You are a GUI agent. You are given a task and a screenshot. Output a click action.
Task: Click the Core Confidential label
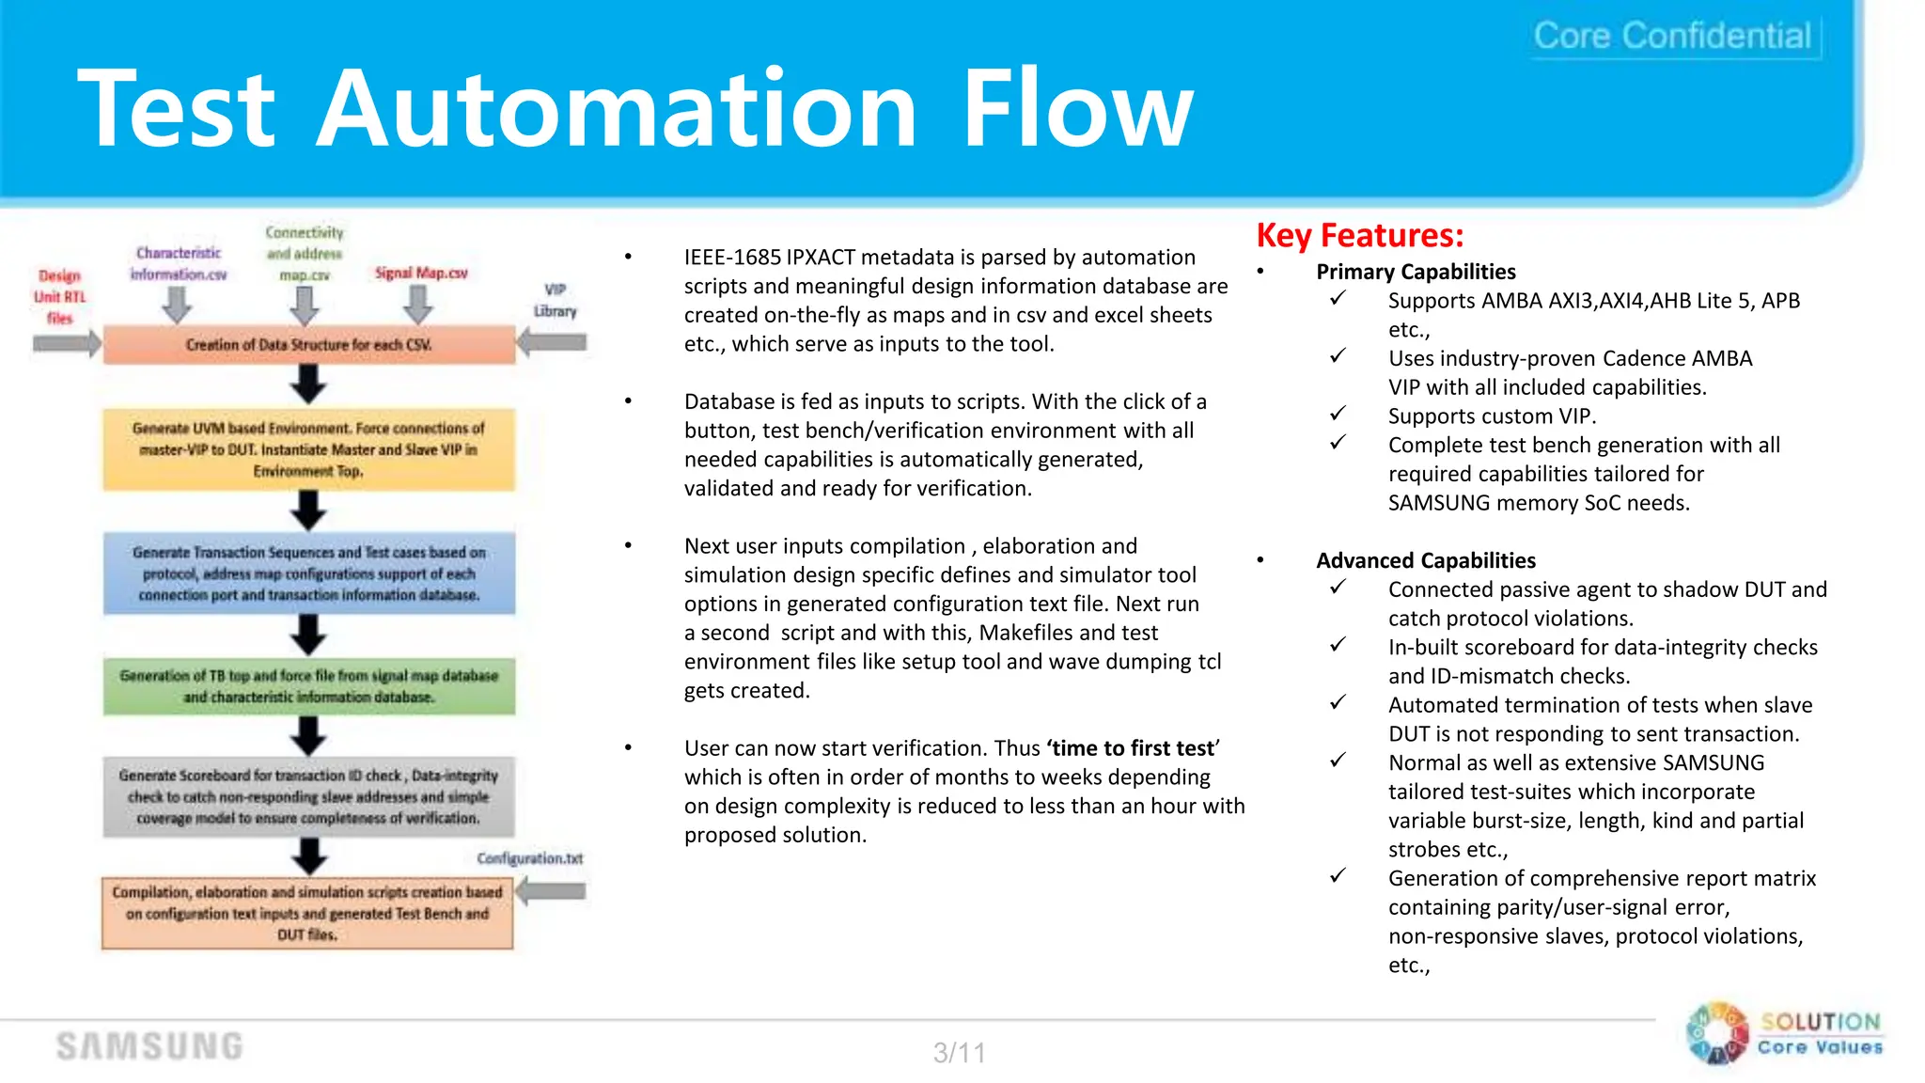click(1672, 36)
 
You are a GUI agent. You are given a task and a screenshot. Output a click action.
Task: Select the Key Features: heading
click(1359, 235)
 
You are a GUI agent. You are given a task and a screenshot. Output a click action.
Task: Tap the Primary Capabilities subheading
click(1415, 272)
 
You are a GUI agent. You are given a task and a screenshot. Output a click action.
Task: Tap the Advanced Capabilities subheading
click(1425, 560)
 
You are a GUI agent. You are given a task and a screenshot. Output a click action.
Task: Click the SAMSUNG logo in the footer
click(149, 1046)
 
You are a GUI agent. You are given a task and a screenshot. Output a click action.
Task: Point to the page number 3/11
click(959, 1052)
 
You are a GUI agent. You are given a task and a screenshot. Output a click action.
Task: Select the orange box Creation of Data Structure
click(308, 345)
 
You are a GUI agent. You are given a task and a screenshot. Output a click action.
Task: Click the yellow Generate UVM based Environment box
click(308, 449)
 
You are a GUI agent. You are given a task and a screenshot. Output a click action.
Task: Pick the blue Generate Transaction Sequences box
click(308, 573)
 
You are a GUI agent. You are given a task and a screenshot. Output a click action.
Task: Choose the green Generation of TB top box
click(308, 686)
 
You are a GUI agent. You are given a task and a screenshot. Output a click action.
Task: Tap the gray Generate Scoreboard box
click(308, 796)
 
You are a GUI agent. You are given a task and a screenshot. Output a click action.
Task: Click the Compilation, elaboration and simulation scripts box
click(307, 913)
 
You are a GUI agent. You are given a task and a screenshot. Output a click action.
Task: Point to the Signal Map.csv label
click(421, 273)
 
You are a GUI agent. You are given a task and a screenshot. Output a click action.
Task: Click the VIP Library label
click(555, 300)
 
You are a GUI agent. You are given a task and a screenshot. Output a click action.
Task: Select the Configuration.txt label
click(529, 858)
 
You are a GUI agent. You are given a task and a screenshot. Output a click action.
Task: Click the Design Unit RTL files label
click(59, 296)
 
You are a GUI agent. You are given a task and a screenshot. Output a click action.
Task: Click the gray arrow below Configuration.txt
click(552, 891)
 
